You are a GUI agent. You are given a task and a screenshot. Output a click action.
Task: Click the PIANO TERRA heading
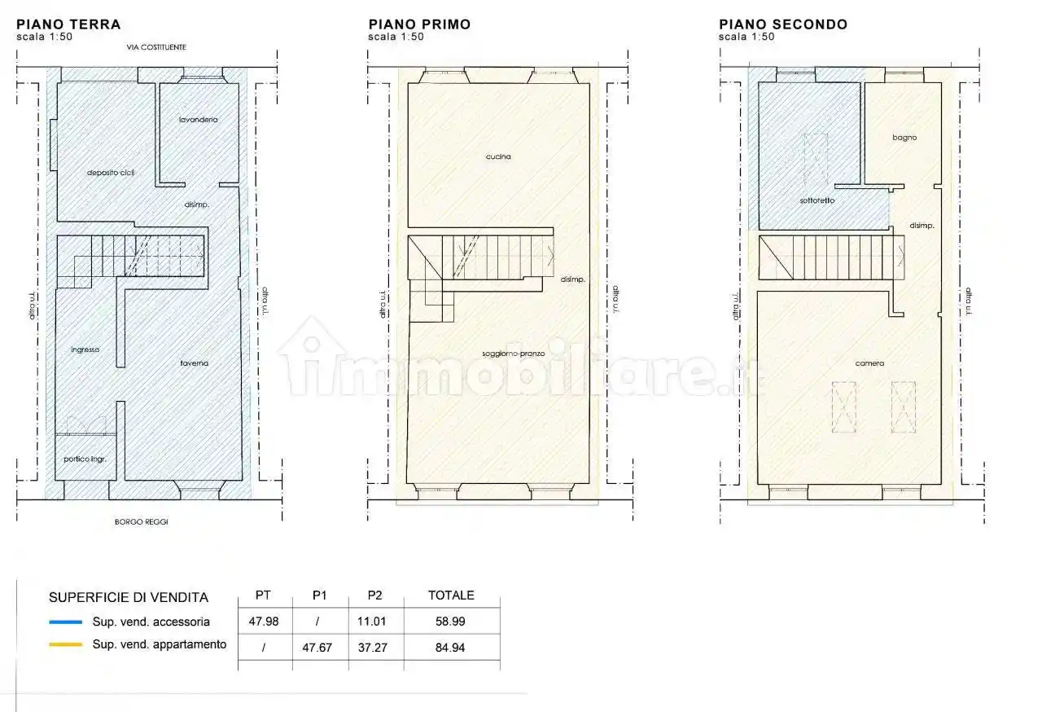pos(68,24)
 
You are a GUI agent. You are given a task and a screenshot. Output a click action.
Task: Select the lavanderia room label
pos(198,120)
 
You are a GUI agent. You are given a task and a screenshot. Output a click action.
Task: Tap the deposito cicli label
pos(111,173)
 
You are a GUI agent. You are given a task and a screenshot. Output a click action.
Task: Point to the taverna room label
pos(194,363)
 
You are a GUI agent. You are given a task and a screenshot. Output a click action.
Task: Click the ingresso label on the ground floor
pos(85,349)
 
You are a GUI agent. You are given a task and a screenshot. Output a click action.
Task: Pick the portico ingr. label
pos(85,459)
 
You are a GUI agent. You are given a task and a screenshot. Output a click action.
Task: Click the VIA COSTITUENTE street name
pos(156,47)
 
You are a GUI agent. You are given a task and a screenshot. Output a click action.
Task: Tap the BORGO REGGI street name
pos(142,521)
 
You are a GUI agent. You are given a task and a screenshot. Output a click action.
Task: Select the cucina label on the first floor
pos(498,157)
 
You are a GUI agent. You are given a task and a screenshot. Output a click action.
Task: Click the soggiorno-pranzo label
pos(513,354)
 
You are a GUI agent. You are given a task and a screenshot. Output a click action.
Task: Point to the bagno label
pos(904,138)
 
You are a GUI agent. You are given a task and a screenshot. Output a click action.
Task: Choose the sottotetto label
pos(817,200)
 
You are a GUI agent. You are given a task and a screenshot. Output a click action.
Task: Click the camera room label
pos(869,363)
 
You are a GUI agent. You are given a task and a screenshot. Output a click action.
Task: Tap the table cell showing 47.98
pos(264,622)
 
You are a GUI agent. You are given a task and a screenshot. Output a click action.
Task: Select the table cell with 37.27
pos(373,648)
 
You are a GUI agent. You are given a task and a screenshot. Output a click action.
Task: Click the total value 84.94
pos(450,648)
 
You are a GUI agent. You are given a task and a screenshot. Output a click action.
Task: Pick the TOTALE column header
pos(451,596)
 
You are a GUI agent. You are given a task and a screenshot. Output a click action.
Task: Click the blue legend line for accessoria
pos(66,622)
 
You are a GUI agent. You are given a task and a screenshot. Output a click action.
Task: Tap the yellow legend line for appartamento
pos(66,644)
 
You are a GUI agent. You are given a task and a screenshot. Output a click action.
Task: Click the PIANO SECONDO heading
pos(783,24)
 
